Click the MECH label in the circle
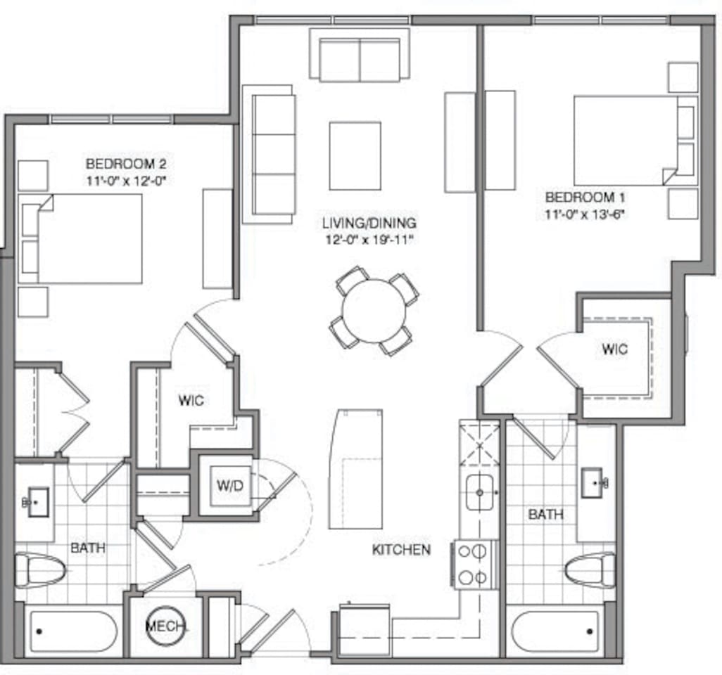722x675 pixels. [x=166, y=626]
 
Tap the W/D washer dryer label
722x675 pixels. [x=230, y=485]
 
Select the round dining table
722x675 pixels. [x=374, y=311]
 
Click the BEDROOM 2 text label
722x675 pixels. [x=126, y=164]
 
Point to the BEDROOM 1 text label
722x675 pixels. [x=585, y=198]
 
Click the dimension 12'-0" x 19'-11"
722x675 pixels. [x=370, y=240]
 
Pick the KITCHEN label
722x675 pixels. [x=402, y=549]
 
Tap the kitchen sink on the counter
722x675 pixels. [x=480, y=492]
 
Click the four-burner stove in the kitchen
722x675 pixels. [x=475, y=565]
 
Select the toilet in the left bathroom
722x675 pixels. [x=39, y=570]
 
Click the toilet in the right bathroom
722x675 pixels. [x=590, y=570]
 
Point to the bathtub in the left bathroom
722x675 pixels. [x=74, y=631]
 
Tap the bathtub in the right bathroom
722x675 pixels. [x=555, y=631]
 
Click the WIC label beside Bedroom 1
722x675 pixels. [x=615, y=349]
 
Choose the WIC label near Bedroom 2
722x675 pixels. [x=191, y=400]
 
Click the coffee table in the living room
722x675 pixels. [x=355, y=156]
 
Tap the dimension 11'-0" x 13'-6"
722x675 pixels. [x=585, y=214]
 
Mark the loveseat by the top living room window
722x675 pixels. [x=360, y=55]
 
